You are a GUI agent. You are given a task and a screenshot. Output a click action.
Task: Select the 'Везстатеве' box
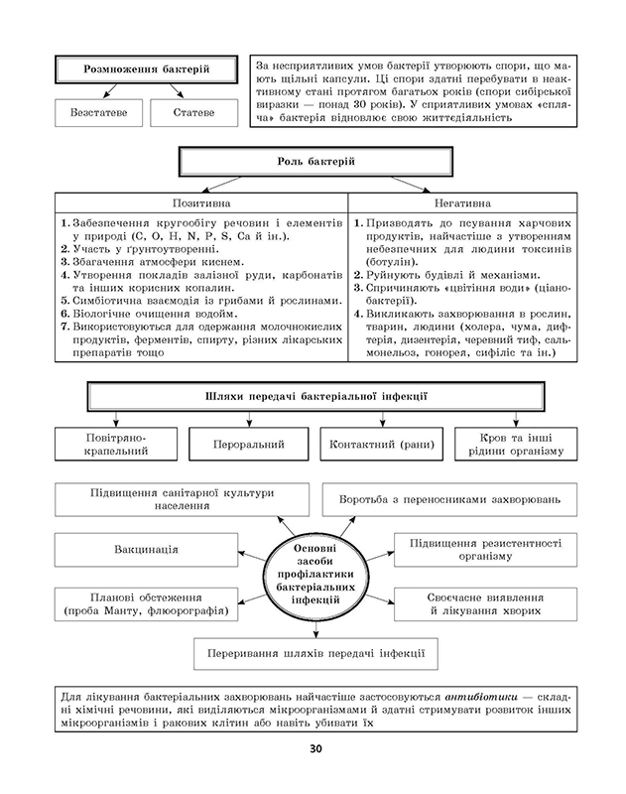pos(97,113)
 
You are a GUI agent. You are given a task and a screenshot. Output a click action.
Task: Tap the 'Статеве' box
pos(193,113)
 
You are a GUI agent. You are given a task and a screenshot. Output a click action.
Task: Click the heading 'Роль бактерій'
pos(315,162)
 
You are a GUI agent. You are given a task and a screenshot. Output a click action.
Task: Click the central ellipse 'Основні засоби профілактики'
pos(314,575)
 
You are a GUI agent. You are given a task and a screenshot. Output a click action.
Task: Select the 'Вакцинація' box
pos(146,548)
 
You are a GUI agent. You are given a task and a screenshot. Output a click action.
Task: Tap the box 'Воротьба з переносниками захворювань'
pos(455,497)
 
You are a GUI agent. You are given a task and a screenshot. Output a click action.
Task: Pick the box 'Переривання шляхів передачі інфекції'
pos(311,655)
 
